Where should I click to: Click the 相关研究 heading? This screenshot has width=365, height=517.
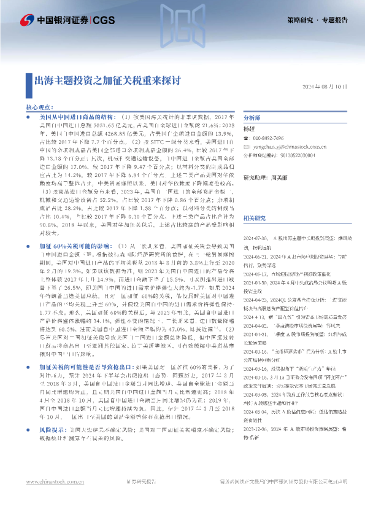click(255, 201)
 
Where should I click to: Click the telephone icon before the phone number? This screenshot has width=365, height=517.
click(247, 139)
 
